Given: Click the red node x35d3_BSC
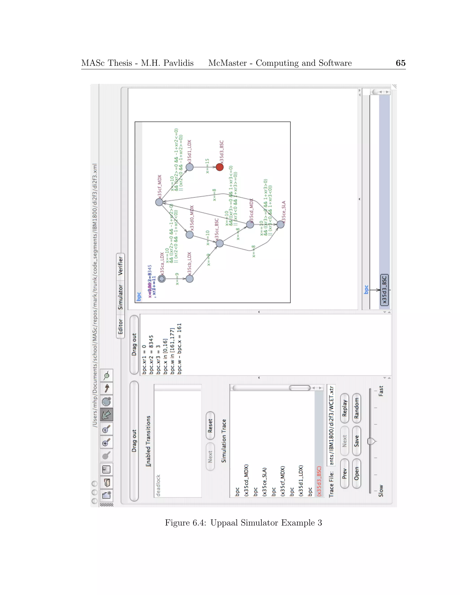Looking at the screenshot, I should [x=219, y=167].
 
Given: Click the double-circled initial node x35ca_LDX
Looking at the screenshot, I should [x=161, y=279].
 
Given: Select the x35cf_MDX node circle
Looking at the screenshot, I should [x=159, y=202].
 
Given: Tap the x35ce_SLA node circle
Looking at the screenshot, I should [x=280, y=224].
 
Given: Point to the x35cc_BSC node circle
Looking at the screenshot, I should [x=219, y=243].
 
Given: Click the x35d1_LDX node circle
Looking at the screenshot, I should [x=189, y=167].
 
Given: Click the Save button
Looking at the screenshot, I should [x=356, y=441].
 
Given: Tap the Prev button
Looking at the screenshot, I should [x=345, y=474].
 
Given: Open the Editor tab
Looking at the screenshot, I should [x=120, y=326].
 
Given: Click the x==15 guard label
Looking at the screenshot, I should [x=207, y=166].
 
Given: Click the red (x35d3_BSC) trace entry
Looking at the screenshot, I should [x=319, y=481].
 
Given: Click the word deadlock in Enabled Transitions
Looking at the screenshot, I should [x=158, y=485].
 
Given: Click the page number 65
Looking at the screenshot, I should [x=400, y=63].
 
